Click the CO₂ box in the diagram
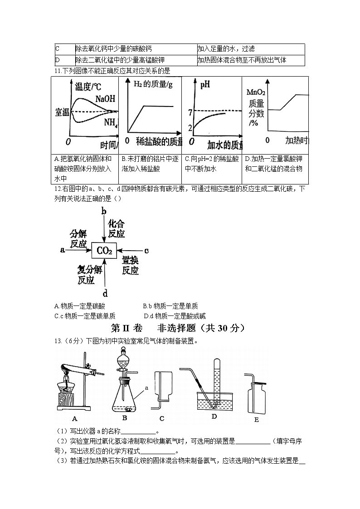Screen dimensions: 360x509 pos(104,250)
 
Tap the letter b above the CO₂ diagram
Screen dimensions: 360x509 pos(104,211)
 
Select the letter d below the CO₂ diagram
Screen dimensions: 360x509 pos(105,292)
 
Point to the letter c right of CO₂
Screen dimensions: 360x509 pos(146,250)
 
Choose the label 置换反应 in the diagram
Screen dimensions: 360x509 pos(130,266)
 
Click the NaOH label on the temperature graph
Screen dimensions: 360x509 pos(105,99)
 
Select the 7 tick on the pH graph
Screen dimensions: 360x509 pos(190,111)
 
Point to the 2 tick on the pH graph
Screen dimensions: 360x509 pos(190,128)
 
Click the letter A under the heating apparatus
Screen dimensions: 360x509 pos(74,417)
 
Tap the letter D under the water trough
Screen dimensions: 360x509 pos(214,416)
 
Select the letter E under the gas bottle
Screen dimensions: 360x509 pos(257,420)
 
